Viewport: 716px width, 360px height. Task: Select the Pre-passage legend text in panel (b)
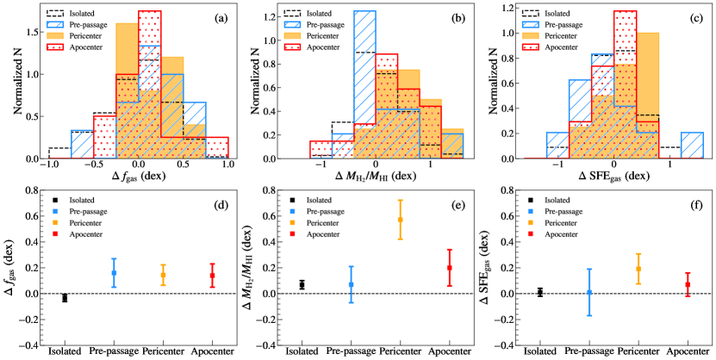click(329, 25)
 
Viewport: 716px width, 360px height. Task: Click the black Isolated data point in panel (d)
click(65, 298)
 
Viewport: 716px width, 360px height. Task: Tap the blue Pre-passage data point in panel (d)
click(114, 273)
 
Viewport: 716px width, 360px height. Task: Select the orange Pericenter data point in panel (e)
click(400, 220)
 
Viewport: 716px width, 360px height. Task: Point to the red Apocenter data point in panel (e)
click(450, 268)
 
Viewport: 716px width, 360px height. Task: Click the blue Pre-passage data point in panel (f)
click(589, 293)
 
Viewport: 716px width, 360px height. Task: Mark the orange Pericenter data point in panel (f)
click(638, 269)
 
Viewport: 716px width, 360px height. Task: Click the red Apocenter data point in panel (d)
click(212, 276)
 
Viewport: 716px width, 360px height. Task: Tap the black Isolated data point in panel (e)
click(302, 285)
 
